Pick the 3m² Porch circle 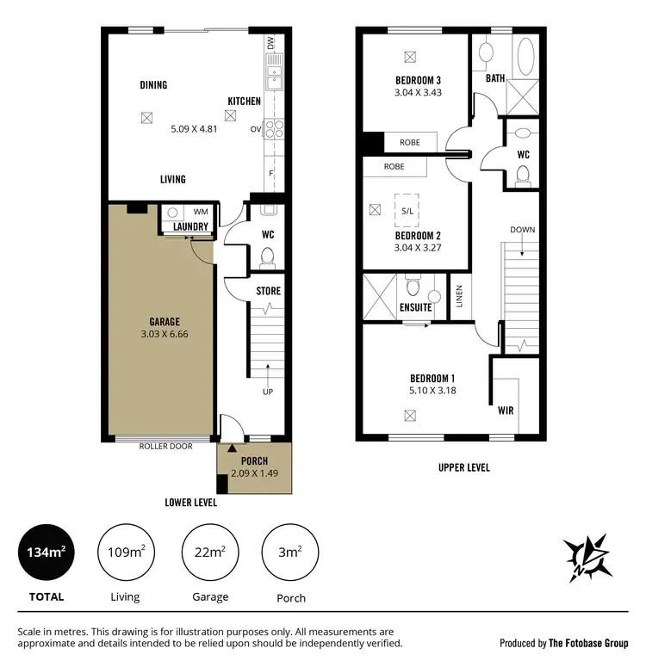[x=290, y=551]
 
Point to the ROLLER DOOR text [x=165, y=446]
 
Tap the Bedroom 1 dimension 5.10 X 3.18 [x=432, y=390]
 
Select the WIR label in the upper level [x=506, y=411]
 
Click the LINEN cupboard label [x=459, y=296]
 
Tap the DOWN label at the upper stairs [x=522, y=230]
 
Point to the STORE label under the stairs [x=268, y=291]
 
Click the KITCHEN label [x=244, y=101]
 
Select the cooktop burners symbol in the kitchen [x=274, y=129]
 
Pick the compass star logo [x=587, y=556]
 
